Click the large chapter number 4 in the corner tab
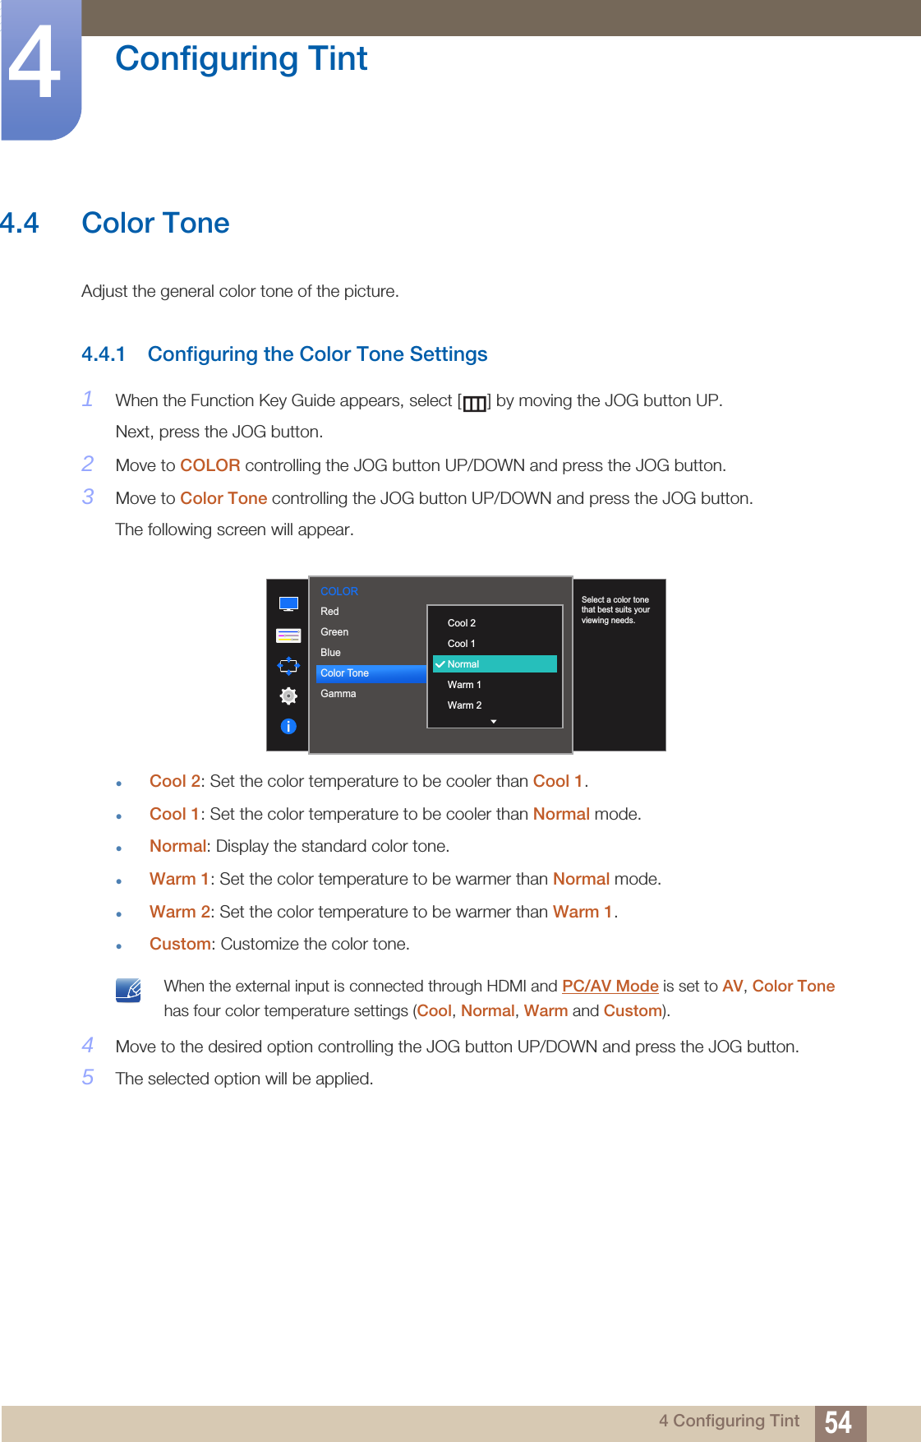35,64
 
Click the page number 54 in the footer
838,1422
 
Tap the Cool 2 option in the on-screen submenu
462,623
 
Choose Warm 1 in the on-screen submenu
464,685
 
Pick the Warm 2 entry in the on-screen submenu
464,705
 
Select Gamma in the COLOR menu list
338,694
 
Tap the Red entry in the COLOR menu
329,612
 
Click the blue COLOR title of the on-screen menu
339,591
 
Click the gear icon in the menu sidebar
288,696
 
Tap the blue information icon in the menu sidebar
288,727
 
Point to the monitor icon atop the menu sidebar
288,604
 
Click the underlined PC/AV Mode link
610,986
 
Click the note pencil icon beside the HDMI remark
129,990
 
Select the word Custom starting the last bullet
180,944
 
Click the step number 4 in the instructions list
88,1045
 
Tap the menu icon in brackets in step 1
474,403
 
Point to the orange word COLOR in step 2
210,465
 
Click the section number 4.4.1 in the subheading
104,354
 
